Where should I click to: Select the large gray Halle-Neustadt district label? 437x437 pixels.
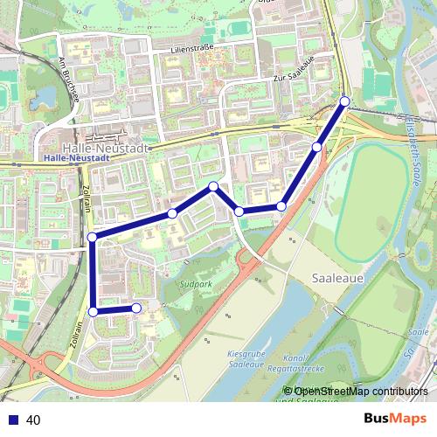coord(105,149)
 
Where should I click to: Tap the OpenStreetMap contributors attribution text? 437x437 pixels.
coord(356,391)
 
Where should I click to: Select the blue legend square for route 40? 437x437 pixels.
coord(11,420)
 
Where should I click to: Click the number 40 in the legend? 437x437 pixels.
coord(34,420)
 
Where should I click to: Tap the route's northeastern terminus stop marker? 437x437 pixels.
coord(344,101)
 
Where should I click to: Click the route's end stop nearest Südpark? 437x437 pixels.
coord(136,308)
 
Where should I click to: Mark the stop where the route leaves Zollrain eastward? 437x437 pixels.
coord(93,237)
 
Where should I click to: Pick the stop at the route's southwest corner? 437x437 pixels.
coord(94,310)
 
